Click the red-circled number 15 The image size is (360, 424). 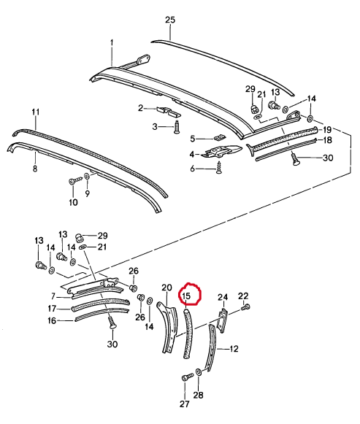pyautogui.click(x=187, y=296)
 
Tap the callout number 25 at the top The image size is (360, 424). pyautogui.click(x=170, y=20)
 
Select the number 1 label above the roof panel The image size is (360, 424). pyautogui.click(x=112, y=43)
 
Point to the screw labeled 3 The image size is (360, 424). pyautogui.click(x=177, y=128)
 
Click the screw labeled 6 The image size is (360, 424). pyautogui.click(x=218, y=168)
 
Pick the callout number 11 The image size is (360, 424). pyautogui.click(x=36, y=112)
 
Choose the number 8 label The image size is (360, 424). pyautogui.click(x=35, y=169)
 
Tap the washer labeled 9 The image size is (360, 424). pyautogui.click(x=87, y=176)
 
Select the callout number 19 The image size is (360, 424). pyautogui.click(x=327, y=130)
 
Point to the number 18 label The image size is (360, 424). pyautogui.click(x=327, y=140)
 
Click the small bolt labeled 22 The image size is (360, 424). pyautogui.click(x=246, y=307)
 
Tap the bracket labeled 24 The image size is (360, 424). pyautogui.click(x=223, y=320)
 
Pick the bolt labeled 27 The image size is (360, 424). pyautogui.click(x=187, y=377)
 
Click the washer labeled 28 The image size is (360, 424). pyautogui.click(x=198, y=372)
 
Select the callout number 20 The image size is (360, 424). pyautogui.click(x=166, y=288)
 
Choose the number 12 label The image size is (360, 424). pyautogui.click(x=234, y=349)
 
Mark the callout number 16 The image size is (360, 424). pyautogui.click(x=51, y=320)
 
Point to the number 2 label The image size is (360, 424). pyautogui.click(x=140, y=109)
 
